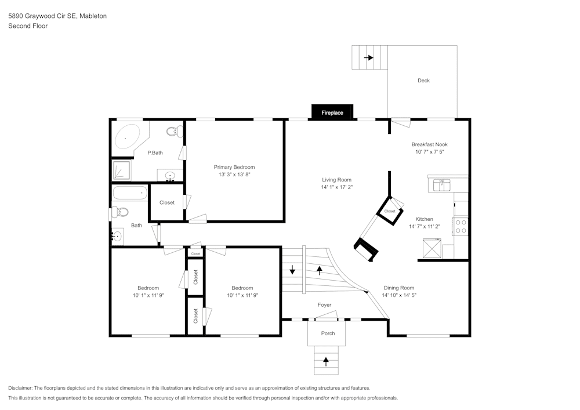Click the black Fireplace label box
tap(332, 113)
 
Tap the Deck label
tap(423, 81)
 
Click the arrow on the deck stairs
tap(368, 57)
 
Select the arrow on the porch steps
tap(326, 361)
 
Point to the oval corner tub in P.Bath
tap(127, 137)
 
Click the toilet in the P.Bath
tap(173, 132)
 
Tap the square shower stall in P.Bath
tap(121, 170)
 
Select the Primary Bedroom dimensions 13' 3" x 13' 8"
tap(234, 174)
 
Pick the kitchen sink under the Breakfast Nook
tap(442, 185)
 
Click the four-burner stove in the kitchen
tap(461, 226)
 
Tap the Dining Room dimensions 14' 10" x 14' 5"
tap(399, 295)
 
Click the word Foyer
tap(324, 304)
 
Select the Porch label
tap(328, 333)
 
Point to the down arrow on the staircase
tap(292, 270)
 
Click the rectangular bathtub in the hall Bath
tap(130, 194)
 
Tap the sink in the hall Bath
tap(117, 235)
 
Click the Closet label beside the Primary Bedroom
tap(167, 202)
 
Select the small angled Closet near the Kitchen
tap(390, 211)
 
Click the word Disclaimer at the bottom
tap(20, 387)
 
